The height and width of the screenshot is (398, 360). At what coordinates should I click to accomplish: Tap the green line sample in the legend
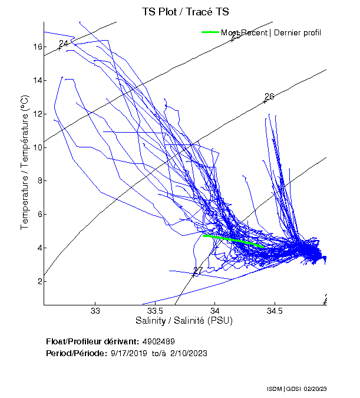pos(211,32)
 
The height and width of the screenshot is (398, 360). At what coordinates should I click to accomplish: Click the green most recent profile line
pos(233,240)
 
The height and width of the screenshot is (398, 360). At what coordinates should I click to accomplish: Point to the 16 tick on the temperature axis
pos(36,47)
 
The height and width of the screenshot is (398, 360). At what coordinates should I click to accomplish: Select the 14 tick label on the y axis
pos(36,80)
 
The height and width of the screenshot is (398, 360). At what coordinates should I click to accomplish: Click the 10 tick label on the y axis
pos(36,147)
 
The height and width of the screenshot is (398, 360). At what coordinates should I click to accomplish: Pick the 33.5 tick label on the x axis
pos(155,311)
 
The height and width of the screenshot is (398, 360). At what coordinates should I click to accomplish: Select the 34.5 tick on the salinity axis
pos(275,311)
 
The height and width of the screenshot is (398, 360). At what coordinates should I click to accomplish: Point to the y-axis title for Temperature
pos(25,162)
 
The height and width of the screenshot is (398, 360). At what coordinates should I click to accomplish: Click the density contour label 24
pos(64,44)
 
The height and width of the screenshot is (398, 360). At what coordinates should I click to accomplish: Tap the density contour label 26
pos(269,97)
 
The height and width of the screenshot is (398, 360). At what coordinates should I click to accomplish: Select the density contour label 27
pos(198,271)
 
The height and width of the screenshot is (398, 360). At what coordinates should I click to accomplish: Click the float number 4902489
pos(158,342)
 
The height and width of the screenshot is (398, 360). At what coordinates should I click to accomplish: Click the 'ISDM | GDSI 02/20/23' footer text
pos(305,389)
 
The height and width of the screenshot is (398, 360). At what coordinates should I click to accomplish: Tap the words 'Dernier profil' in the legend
pos(298,32)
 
